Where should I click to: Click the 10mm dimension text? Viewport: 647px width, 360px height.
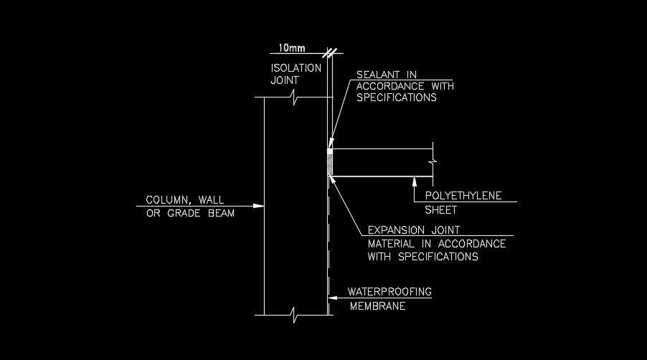(x=291, y=47)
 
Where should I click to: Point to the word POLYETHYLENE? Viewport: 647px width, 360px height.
(x=463, y=195)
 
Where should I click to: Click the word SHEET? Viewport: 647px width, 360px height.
(x=441, y=210)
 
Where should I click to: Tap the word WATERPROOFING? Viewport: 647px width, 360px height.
(x=389, y=292)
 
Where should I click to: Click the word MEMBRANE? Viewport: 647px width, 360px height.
(x=378, y=307)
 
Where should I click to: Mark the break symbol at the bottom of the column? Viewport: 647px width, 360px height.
(x=294, y=314)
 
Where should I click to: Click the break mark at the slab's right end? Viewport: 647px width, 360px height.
(x=433, y=163)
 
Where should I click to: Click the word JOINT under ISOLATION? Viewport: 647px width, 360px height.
(x=285, y=80)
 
